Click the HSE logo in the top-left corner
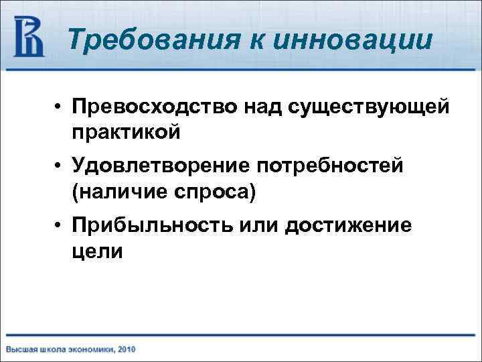click(x=29, y=37)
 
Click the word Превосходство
click(x=151, y=107)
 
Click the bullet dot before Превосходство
click(x=60, y=108)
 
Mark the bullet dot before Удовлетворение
click(x=60, y=166)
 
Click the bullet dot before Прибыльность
click(x=60, y=226)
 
